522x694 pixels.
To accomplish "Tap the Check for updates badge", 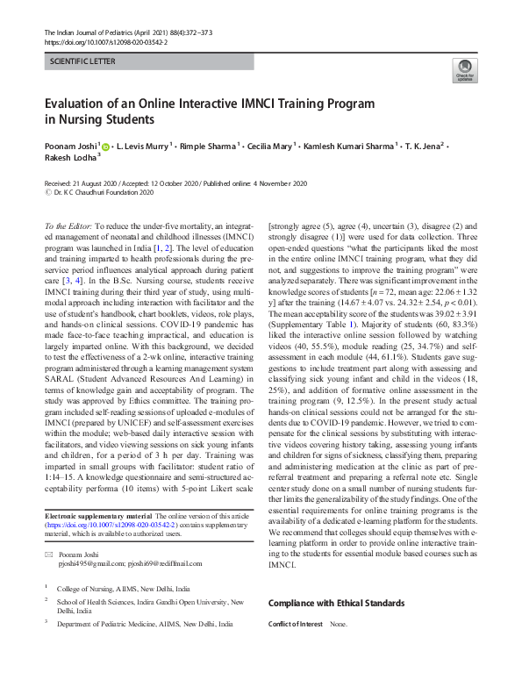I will click(463, 70).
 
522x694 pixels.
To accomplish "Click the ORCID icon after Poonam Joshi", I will click(106, 147).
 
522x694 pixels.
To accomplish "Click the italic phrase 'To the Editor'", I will click(68, 225).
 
